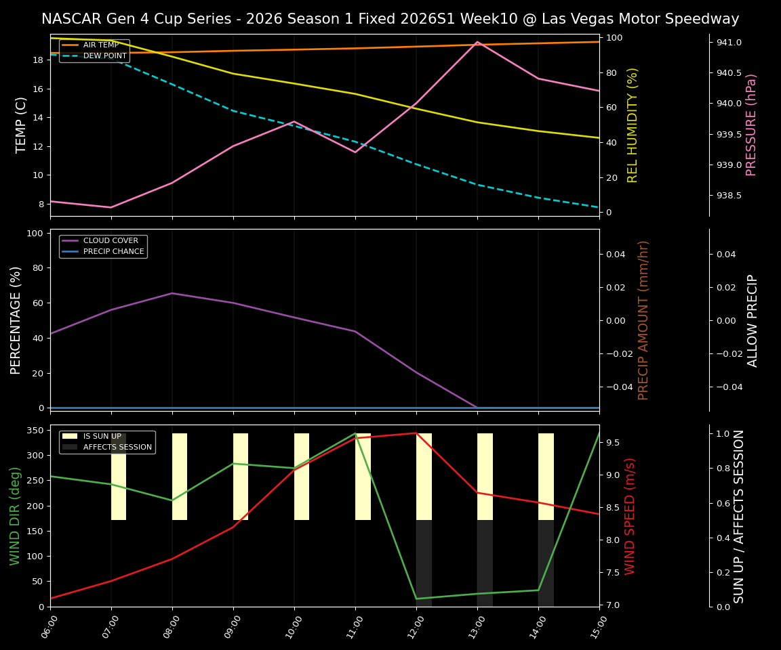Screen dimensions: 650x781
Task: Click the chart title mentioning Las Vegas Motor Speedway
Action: [390, 19]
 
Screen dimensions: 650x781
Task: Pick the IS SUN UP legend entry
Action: [102, 436]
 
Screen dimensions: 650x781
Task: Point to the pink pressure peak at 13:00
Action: [477, 42]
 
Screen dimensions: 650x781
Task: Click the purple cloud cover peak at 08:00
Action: [172, 293]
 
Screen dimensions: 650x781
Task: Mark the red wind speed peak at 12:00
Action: [416, 433]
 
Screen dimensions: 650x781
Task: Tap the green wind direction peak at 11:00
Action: [355, 433]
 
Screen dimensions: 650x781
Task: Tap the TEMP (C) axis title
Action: [22, 125]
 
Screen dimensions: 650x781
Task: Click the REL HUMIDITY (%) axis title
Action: [633, 125]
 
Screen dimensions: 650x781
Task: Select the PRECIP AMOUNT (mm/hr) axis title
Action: [643, 320]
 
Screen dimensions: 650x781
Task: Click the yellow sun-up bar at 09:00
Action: [241, 477]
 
